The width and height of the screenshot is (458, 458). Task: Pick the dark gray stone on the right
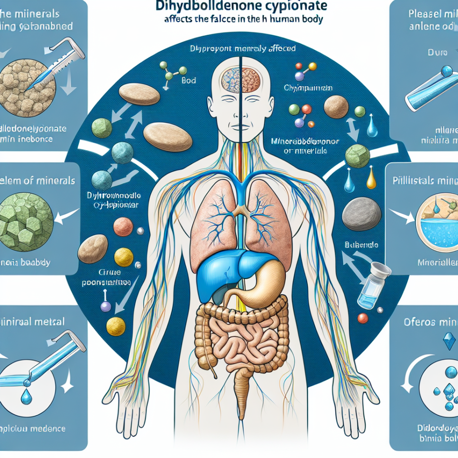[x=362, y=212]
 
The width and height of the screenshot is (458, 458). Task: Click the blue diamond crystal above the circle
[x=447, y=341]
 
